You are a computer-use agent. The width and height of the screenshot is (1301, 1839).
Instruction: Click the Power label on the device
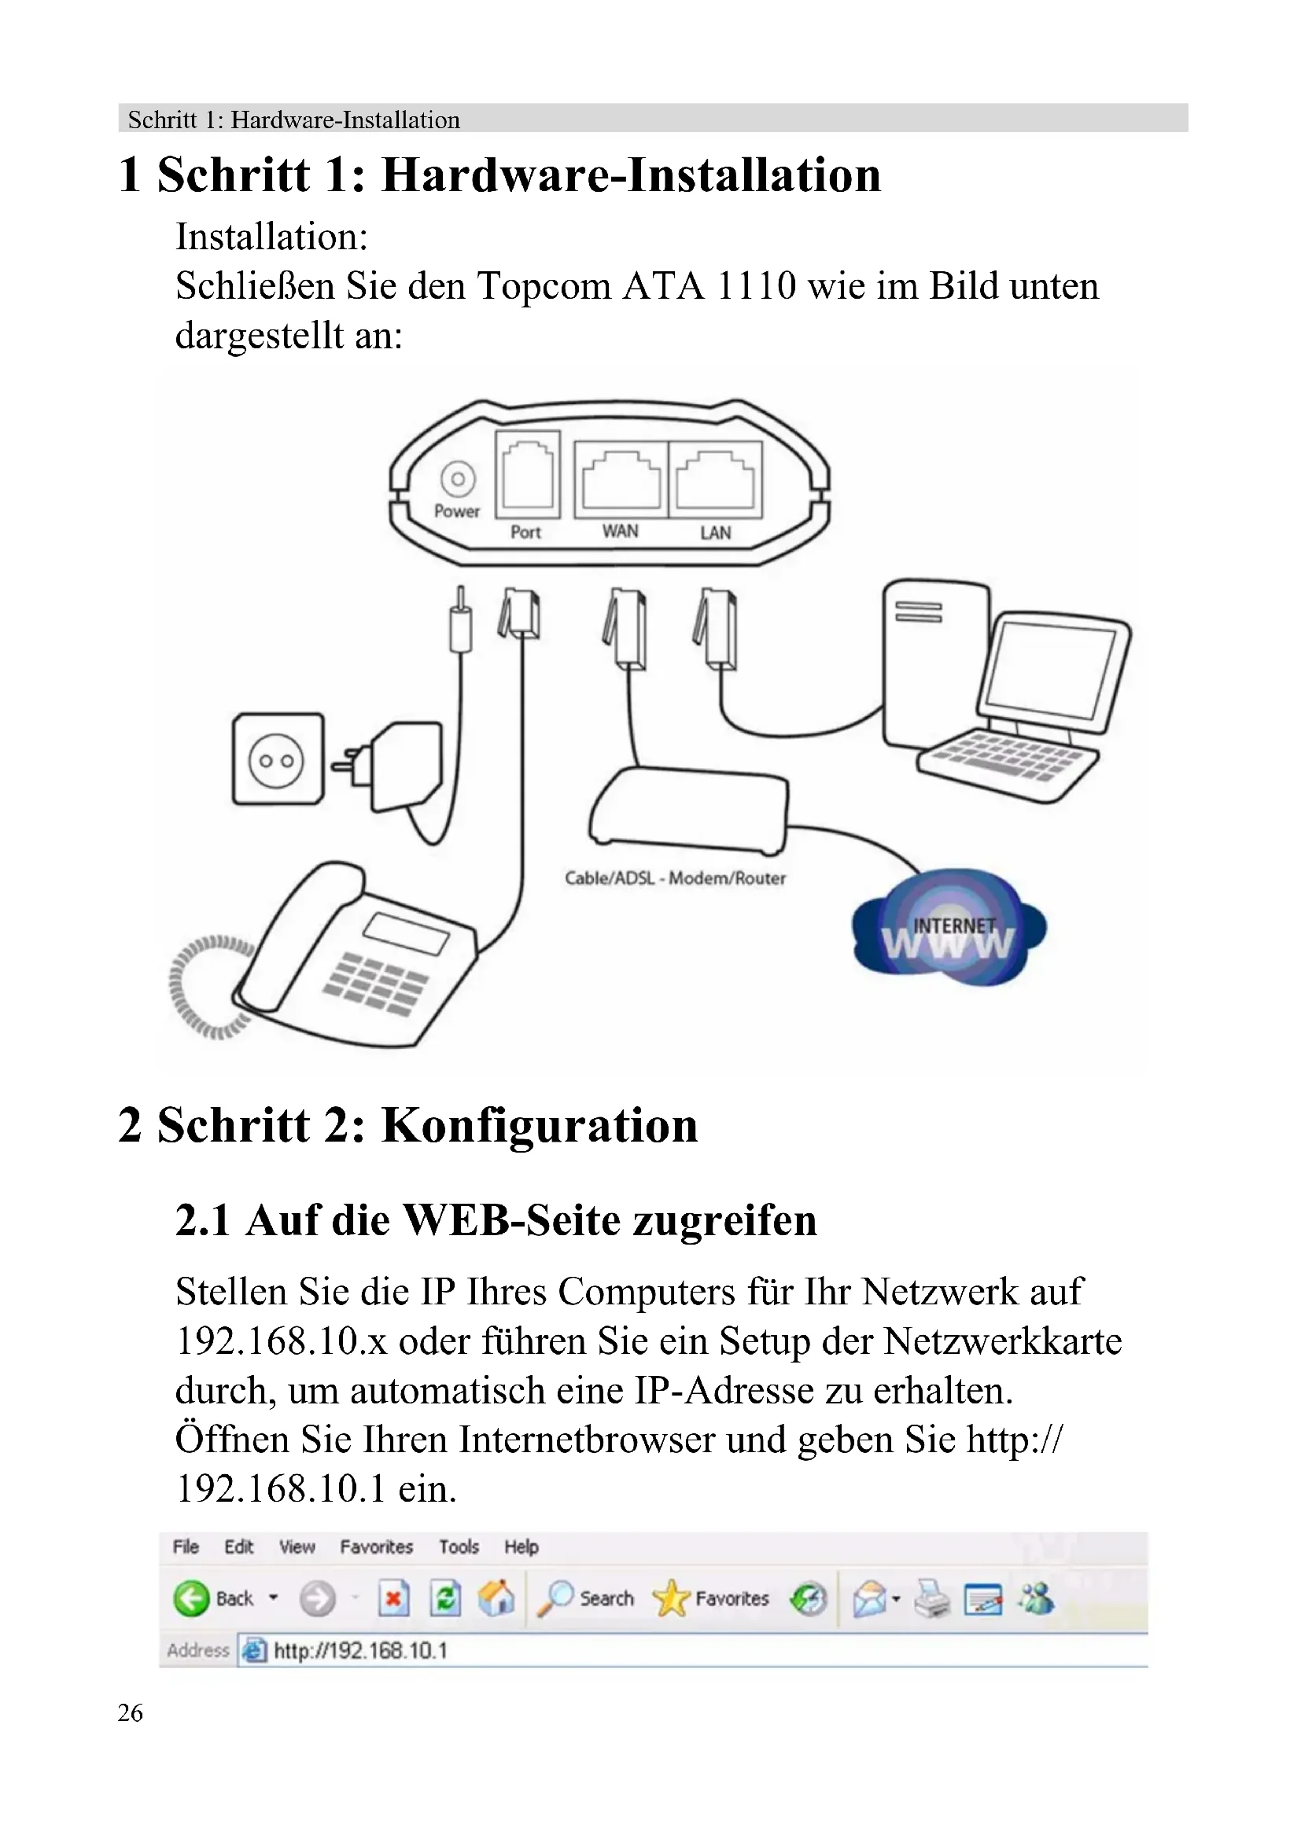point(457,511)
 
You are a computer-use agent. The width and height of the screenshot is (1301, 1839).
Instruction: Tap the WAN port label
point(620,531)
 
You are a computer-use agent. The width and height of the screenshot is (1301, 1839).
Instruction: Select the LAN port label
point(715,532)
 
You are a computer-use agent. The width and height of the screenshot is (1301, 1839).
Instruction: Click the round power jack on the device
point(458,479)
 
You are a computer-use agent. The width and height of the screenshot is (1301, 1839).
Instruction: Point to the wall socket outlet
point(277,760)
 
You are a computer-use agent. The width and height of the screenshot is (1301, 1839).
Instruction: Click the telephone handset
point(297,937)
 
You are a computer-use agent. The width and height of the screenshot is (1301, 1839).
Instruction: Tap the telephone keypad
point(375,984)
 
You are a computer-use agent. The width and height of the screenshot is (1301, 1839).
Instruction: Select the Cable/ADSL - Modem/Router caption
point(675,878)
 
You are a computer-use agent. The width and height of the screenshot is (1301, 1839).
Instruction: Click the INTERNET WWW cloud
point(949,933)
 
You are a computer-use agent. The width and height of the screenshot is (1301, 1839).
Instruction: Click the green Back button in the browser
point(190,1598)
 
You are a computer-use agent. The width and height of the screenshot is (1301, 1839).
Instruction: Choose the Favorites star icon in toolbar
point(670,1598)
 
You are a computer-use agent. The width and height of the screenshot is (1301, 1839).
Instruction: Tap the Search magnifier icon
point(555,1598)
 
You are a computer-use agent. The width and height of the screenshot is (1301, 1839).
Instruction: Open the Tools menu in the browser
point(459,1547)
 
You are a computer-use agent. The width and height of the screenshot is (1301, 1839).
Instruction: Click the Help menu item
point(521,1547)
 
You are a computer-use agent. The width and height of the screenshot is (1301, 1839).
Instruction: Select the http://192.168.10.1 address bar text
point(360,1651)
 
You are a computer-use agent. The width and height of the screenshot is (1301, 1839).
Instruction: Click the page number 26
point(130,1712)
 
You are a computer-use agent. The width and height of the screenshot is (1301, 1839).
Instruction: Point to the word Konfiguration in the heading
point(539,1125)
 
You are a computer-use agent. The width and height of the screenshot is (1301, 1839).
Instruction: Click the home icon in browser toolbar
point(496,1598)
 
